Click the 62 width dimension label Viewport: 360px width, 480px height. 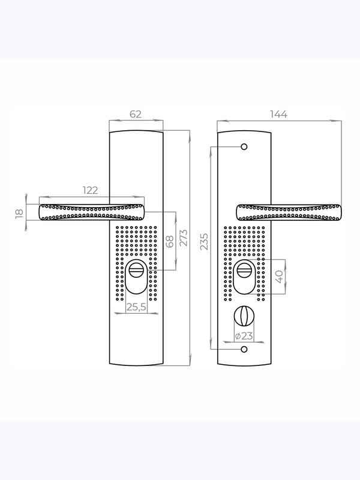click(x=136, y=114)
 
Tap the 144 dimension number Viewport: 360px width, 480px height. click(x=278, y=114)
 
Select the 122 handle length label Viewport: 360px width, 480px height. click(x=91, y=190)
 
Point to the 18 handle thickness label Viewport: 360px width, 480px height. click(x=19, y=213)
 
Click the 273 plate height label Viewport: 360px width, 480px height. click(x=184, y=238)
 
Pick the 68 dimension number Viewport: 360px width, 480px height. click(x=169, y=241)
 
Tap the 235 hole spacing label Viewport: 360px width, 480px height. click(x=204, y=242)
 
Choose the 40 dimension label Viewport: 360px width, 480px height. click(x=280, y=277)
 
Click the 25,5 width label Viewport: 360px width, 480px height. click(x=137, y=307)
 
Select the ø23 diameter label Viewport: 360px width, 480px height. click(x=244, y=336)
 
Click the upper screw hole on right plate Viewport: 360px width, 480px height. click(x=244, y=147)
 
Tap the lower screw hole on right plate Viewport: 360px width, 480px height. click(x=244, y=349)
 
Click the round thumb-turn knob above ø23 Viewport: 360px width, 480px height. click(x=244, y=316)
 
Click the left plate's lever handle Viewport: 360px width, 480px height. click(x=92, y=212)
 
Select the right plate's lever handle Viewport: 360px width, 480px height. click(x=289, y=212)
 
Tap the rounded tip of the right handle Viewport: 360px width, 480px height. click(x=340, y=212)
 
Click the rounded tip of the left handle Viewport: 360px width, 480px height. click(x=40, y=212)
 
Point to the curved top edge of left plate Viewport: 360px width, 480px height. click(x=136, y=131)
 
